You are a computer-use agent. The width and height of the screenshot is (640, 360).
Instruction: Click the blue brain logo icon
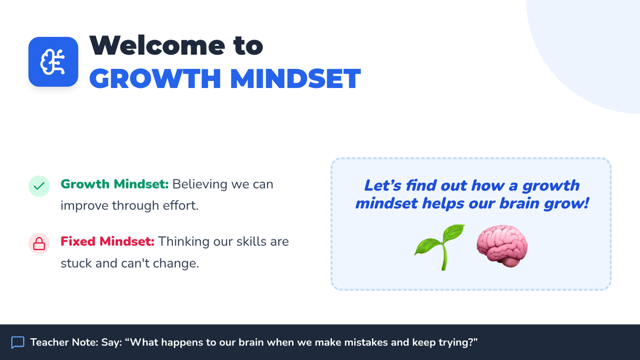tap(53, 62)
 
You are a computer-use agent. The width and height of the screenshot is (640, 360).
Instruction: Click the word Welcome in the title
tap(157, 45)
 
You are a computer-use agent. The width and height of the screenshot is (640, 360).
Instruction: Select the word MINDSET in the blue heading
tap(295, 78)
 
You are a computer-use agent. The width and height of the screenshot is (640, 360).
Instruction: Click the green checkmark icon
tap(39, 186)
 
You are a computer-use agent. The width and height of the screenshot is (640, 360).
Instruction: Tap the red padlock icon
tap(39, 243)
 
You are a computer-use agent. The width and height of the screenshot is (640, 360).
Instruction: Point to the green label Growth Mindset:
tap(115, 184)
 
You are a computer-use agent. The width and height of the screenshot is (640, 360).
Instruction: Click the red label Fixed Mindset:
tap(107, 242)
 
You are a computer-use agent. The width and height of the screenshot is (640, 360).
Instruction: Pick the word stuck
tap(76, 263)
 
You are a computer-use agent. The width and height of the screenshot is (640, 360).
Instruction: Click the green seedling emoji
tap(439, 247)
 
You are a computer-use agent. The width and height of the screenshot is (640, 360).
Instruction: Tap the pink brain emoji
tap(502, 246)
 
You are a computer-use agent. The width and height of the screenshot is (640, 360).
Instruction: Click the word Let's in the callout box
tap(383, 186)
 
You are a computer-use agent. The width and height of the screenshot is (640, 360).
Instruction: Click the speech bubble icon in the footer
tap(18, 342)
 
